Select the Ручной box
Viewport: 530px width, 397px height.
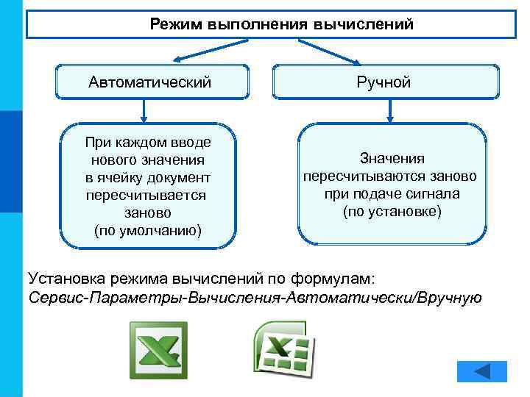click(x=386, y=82)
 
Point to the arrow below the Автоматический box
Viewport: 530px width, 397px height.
click(x=144, y=110)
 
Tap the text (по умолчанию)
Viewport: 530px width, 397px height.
click(x=148, y=230)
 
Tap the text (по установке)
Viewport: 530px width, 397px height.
click(x=392, y=212)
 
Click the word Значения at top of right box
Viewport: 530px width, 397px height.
click(x=392, y=158)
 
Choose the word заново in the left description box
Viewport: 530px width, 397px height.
click(x=148, y=212)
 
